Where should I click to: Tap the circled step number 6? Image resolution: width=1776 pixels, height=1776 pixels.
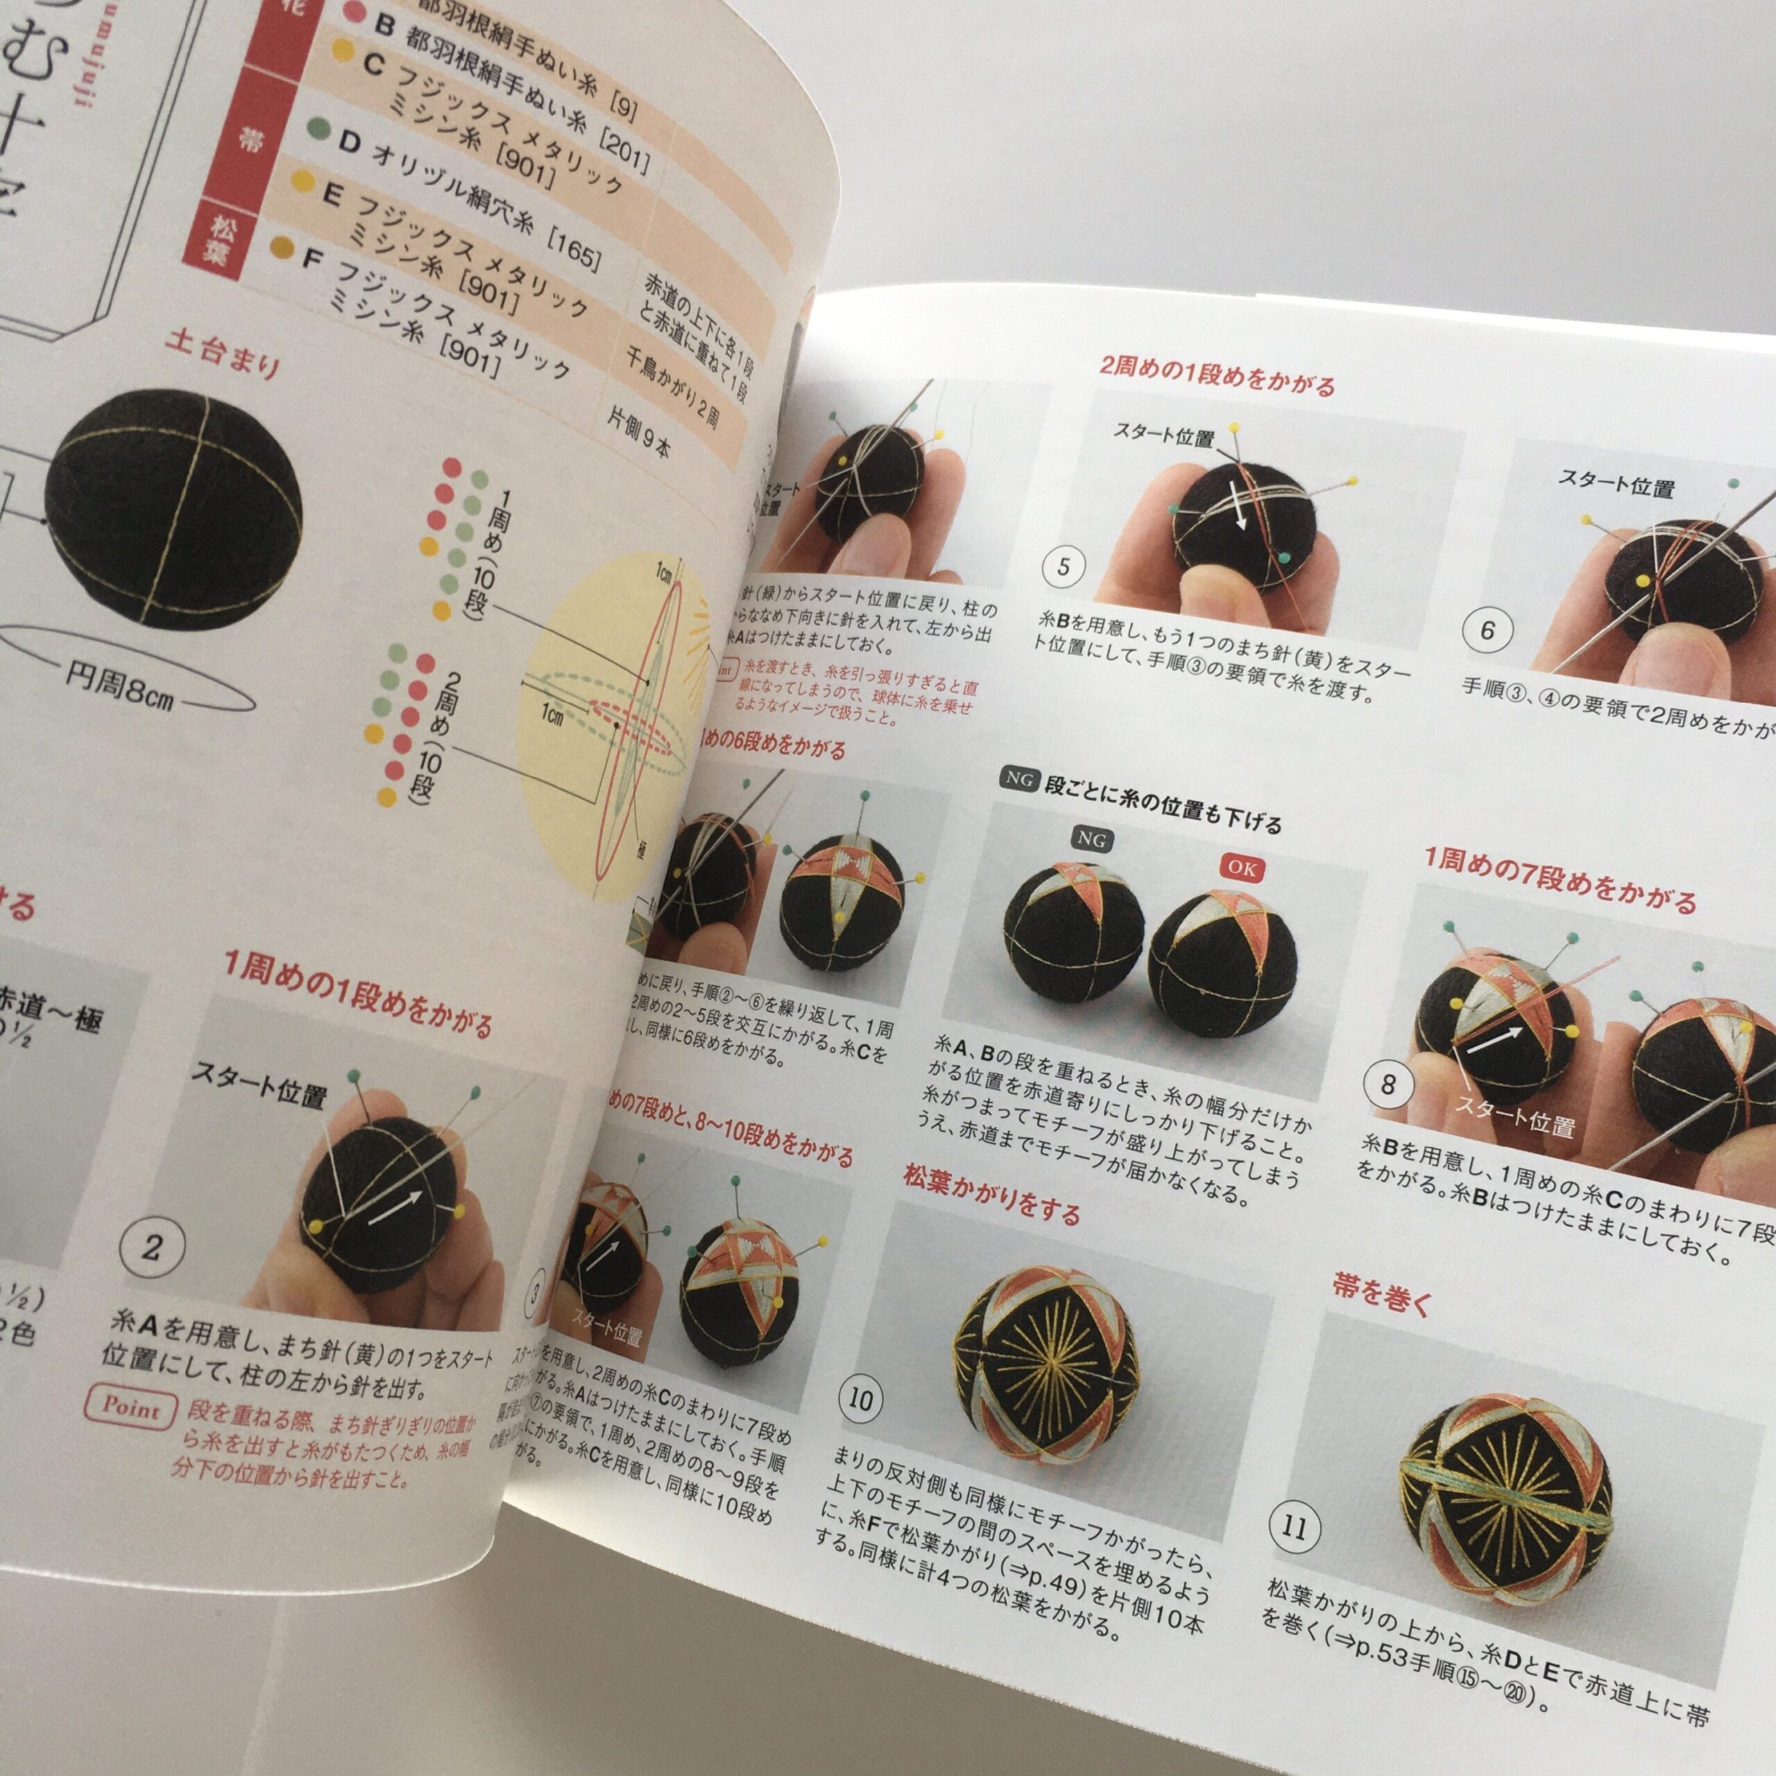tap(1487, 631)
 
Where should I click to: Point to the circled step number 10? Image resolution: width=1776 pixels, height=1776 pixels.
tap(860, 1400)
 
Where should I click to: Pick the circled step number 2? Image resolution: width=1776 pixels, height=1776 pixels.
tap(153, 1247)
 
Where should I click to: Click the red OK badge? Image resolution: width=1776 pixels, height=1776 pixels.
tap(1241, 868)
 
